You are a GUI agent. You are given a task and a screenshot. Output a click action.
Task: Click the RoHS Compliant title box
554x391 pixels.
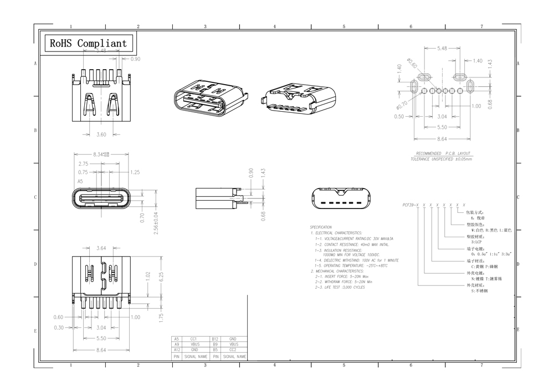click(x=88, y=43)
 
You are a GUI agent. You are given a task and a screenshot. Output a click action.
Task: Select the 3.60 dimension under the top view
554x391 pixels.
click(x=101, y=134)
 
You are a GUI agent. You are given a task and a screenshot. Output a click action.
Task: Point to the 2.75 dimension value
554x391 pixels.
click(x=83, y=164)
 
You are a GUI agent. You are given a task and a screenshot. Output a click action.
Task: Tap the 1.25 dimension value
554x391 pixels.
click(x=135, y=172)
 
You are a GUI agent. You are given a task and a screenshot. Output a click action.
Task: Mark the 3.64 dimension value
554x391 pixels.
click(x=101, y=248)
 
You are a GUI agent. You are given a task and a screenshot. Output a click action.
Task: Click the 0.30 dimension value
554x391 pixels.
click(x=58, y=327)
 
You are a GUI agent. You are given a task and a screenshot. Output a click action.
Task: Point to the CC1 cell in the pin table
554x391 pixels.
click(x=194, y=338)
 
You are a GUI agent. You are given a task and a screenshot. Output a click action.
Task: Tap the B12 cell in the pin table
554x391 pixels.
click(x=215, y=338)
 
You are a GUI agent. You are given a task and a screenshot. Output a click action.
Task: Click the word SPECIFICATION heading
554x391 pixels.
click(x=321, y=227)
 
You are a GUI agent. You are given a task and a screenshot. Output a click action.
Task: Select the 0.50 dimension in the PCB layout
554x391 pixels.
click(x=399, y=117)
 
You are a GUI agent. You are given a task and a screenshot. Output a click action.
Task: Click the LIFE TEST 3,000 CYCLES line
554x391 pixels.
click(x=340, y=288)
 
